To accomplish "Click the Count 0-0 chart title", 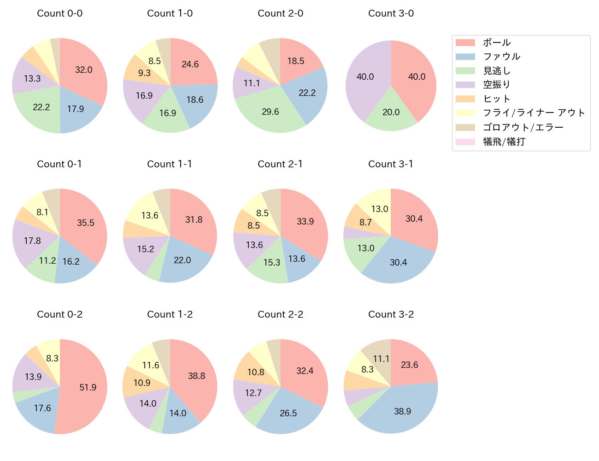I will pyautogui.click(x=59, y=13).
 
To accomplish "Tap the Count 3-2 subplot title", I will pyautogui.click(x=391, y=314).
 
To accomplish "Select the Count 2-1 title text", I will pyautogui.click(x=280, y=164).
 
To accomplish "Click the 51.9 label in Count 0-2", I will pyautogui.click(x=88, y=387).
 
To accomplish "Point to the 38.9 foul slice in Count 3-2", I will pyautogui.click(x=402, y=411).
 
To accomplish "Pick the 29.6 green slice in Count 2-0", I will pyautogui.click(x=270, y=112).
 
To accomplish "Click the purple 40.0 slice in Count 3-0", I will pyautogui.click(x=365, y=77).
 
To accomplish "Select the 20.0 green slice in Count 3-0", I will pyautogui.click(x=391, y=112).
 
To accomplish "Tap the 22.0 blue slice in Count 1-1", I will pyautogui.click(x=182, y=260).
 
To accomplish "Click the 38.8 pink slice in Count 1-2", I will pyautogui.click(x=196, y=376).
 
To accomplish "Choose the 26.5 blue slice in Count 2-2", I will pyautogui.click(x=288, y=413).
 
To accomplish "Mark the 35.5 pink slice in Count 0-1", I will pyautogui.click(x=86, y=223).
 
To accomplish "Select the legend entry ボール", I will pyautogui.click(x=497, y=42).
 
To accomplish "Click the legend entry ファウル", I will pyautogui.click(x=501, y=57).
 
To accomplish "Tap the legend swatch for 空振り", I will pyautogui.click(x=465, y=85).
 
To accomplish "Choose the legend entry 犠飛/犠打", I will pyautogui.click(x=504, y=142).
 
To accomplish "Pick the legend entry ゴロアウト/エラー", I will pyautogui.click(x=523, y=127).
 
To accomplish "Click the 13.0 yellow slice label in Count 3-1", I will pyautogui.click(x=380, y=209).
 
